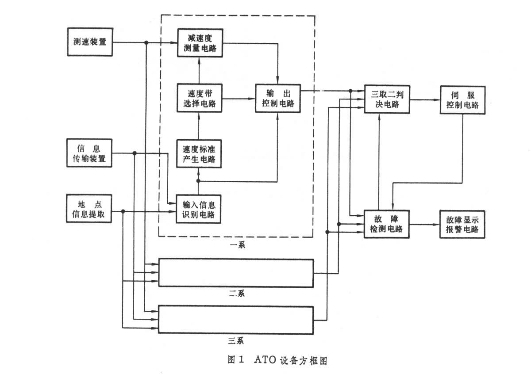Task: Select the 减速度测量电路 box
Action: click(200, 43)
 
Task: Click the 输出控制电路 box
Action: click(277, 98)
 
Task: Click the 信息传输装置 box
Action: click(89, 153)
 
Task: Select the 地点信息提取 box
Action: click(88, 208)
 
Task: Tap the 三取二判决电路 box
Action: click(387, 99)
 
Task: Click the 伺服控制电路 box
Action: click(462, 100)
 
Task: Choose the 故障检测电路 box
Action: click(386, 224)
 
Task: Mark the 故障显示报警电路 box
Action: click(462, 224)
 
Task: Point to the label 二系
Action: click(236, 293)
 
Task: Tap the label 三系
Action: click(236, 340)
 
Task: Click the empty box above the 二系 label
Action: click(236, 273)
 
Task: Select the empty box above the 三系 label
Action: click(236, 319)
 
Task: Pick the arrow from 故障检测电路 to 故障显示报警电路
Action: click(424, 224)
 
